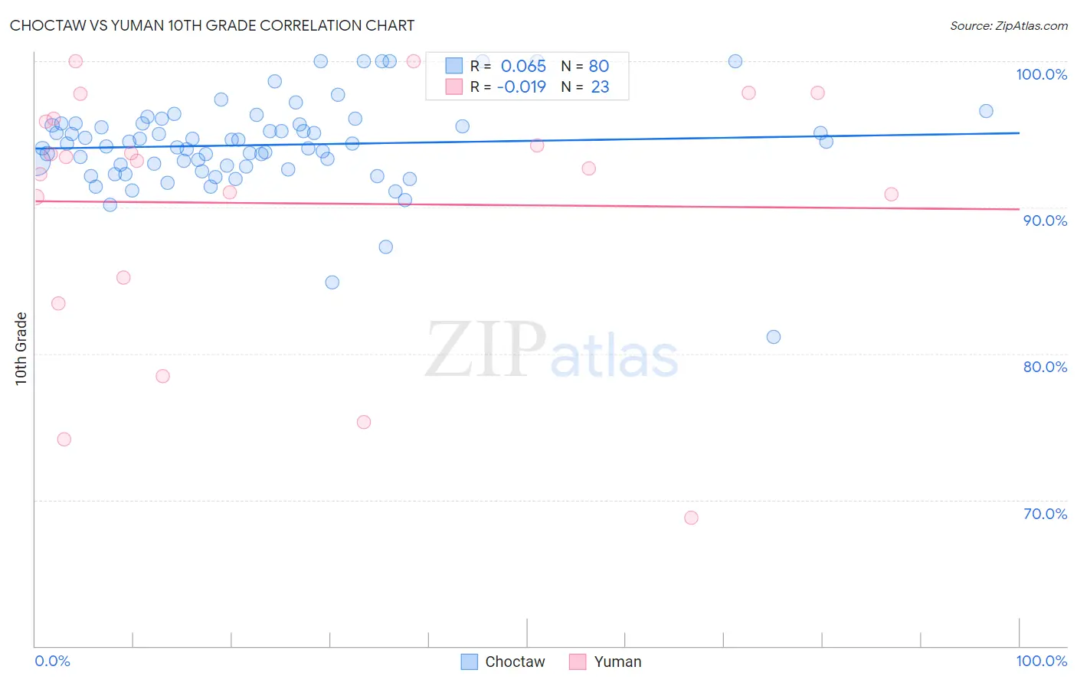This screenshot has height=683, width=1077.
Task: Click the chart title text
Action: tap(212, 25)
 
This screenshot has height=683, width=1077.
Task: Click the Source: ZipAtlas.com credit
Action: tap(1008, 25)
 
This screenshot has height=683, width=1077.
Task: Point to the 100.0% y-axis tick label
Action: tap(1041, 74)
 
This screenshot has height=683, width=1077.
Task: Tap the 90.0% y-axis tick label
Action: tap(1045, 221)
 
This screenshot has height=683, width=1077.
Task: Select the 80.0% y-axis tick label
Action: tap(1045, 367)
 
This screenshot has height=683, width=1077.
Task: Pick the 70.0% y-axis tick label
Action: tap(1045, 514)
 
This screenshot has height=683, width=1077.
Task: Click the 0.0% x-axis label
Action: tap(52, 661)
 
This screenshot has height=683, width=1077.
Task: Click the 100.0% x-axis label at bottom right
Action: tap(1041, 661)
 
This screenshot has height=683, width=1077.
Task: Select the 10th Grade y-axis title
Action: tap(21, 348)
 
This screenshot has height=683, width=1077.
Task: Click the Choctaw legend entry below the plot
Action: tap(503, 662)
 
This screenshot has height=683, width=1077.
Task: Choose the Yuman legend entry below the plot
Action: tap(606, 662)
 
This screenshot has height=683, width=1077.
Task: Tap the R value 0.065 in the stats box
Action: tap(523, 66)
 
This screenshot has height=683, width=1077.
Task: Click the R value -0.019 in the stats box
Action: tap(521, 87)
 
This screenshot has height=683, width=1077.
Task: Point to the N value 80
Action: tap(599, 66)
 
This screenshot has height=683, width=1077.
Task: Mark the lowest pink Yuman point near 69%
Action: tap(691, 518)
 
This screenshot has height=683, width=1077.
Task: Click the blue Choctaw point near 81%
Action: tap(774, 337)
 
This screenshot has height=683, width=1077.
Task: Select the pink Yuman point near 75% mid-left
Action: tap(364, 422)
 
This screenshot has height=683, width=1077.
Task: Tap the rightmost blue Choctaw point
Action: tap(986, 111)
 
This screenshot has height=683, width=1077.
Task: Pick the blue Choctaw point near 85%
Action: tap(332, 283)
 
